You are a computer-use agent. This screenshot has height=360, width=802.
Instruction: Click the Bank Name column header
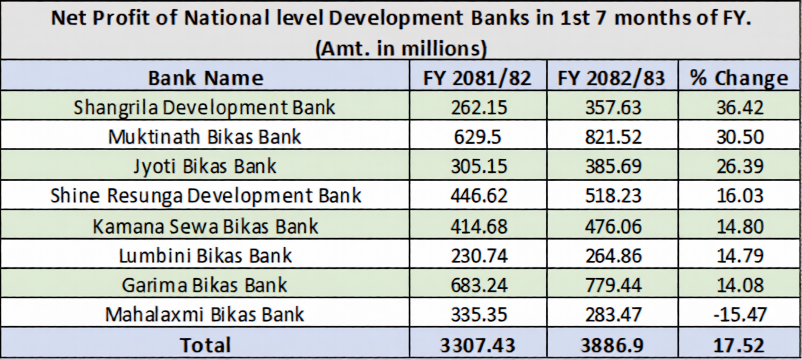click(x=205, y=78)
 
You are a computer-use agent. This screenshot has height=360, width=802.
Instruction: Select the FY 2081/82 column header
click(x=477, y=78)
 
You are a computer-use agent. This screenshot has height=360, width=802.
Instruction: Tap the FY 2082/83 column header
click(x=611, y=78)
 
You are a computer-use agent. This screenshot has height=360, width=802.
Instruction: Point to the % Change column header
click(x=739, y=78)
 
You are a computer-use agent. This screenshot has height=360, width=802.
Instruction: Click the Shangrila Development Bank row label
click(x=205, y=107)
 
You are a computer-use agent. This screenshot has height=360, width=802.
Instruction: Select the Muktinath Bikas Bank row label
click(x=205, y=136)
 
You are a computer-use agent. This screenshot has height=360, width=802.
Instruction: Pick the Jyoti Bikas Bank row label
click(x=205, y=166)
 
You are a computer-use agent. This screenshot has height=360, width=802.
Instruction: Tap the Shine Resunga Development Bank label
click(x=205, y=195)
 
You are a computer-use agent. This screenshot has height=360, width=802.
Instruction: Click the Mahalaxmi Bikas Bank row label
click(x=205, y=314)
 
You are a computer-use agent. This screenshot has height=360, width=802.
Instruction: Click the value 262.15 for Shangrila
click(x=478, y=107)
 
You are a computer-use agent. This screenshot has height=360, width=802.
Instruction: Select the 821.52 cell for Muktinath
click(x=612, y=136)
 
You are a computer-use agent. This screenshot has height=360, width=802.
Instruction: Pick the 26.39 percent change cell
click(x=740, y=166)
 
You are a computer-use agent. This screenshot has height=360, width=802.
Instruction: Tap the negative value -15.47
click(x=740, y=314)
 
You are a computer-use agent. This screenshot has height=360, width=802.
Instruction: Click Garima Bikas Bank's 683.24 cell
click(x=478, y=285)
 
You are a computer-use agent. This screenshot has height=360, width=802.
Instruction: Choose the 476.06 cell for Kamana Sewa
click(x=612, y=226)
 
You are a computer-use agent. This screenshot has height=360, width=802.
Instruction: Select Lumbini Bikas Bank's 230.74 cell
click(x=478, y=255)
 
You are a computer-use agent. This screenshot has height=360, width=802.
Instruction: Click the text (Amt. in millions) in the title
click(x=400, y=48)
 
